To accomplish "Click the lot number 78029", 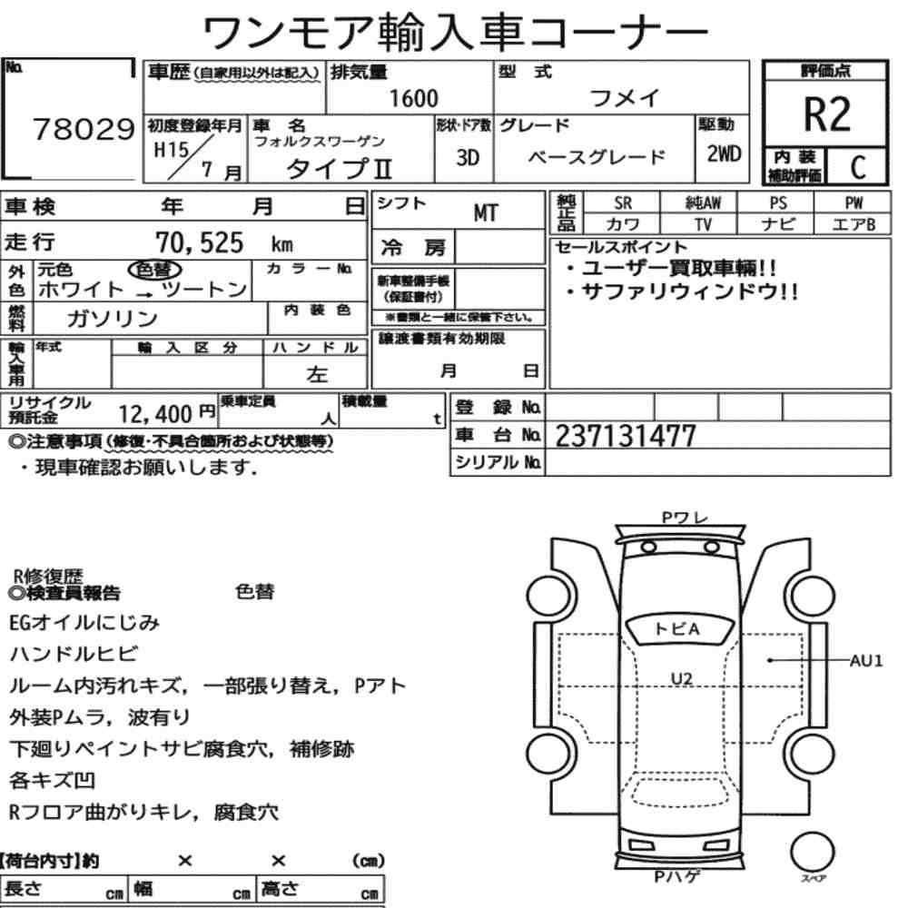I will click(x=83, y=132).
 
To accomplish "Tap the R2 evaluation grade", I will click(x=827, y=115).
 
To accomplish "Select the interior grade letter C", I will click(x=855, y=167).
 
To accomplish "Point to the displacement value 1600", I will click(x=413, y=98).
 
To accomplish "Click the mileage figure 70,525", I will click(x=201, y=242).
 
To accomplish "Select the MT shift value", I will click(x=486, y=213).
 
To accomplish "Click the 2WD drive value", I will click(x=724, y=153).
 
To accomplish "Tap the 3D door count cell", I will click(x=467, y=157).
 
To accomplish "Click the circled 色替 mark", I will click(x=155, y=269).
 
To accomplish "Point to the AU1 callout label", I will click(x=866, y=661).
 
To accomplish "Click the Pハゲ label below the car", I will click(x=677, y=877).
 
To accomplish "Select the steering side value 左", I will click(x=317, y=374).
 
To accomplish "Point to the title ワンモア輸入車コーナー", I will click(x=454, y=34).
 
